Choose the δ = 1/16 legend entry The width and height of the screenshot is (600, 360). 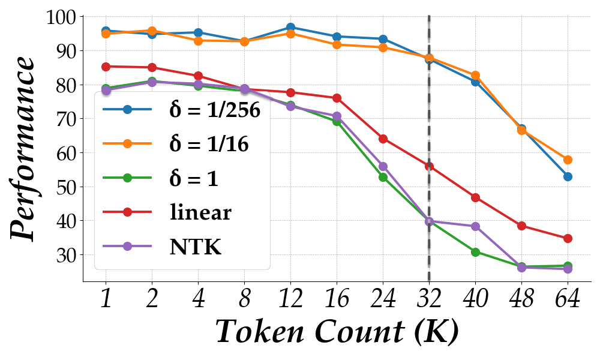(x=207, y=144)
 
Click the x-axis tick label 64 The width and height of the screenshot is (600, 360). (x=567, y=298)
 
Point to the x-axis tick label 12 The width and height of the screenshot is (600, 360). (x=290, y=298)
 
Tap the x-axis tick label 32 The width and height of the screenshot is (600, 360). (x=429, y=298)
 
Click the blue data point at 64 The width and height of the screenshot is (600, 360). (x=568, y=176)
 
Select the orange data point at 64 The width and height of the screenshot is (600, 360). (x=568, y=160)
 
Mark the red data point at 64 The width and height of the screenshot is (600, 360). (x=568, y=238)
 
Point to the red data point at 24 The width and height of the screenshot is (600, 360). (x=383, y=139)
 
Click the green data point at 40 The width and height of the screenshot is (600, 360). (x=475, y=253)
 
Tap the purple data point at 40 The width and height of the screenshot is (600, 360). (x=475, y=226)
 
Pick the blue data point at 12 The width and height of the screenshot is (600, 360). (x=290, y=27)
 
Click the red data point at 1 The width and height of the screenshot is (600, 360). (x=106, y=67)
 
